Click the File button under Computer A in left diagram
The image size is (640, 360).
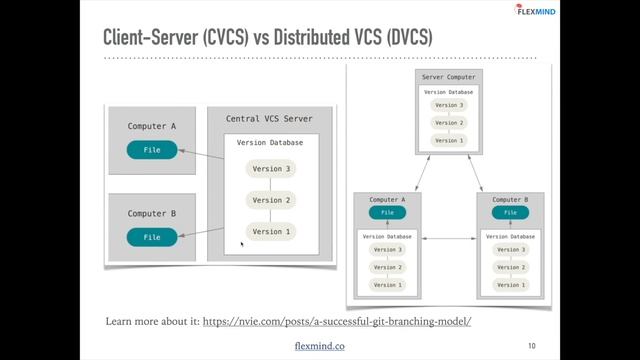coord(152,150)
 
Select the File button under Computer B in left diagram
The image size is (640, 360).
coord(152,237)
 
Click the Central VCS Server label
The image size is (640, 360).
coord(269,119)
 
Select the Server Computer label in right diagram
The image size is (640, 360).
coord(450,77)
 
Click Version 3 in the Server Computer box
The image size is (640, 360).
coord(450,105)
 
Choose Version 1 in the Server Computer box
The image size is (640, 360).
coord(450,141)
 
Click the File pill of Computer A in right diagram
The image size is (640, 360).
coord(387,212)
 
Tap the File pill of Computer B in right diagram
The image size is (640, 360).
coord(510,212)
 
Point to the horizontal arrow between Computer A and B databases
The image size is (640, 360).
coord(449,239)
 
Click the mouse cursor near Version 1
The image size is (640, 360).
coord(242,243)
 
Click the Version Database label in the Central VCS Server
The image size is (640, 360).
coord(270,143)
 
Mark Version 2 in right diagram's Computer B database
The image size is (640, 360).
coord(510,267)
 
